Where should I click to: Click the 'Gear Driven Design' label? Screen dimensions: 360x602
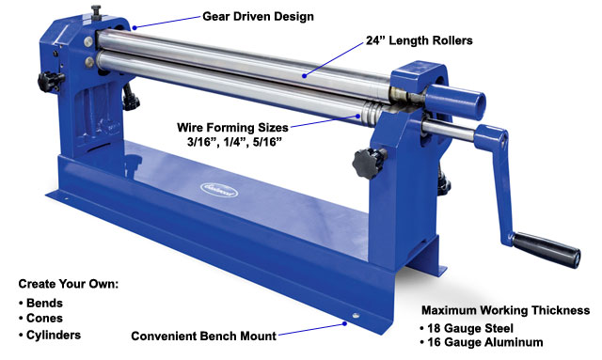click(259, 16)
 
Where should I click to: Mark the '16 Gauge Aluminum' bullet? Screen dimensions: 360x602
click(485, 344)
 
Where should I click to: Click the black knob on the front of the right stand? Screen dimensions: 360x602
click(366, 162)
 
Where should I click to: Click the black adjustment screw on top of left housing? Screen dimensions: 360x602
click(95, 12)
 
